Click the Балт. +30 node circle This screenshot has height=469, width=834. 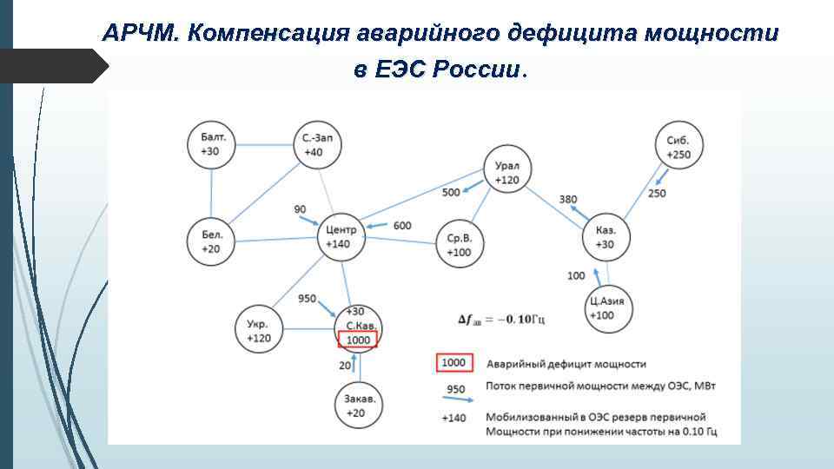(213, 144)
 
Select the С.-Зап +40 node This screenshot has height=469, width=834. (313, 144)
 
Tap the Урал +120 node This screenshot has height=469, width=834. (506, 173)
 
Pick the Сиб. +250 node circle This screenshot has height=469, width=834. (678, 147)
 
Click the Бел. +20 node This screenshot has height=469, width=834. (211, 241)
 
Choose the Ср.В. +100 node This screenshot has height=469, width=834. (459, 244)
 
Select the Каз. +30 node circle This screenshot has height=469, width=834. (606, 237)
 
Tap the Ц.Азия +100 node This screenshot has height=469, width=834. (607, 308)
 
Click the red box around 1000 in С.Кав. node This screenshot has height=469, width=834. (357, 340)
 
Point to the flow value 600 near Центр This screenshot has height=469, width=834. (402, 226)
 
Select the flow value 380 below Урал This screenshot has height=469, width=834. (568, 200)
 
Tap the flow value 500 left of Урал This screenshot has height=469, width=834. (451, 192)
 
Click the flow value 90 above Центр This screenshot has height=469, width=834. (300, 208)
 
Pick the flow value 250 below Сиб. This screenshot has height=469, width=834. (657, 193)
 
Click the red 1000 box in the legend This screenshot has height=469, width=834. (454, 362)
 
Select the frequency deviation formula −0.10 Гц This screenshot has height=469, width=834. (501, 320)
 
